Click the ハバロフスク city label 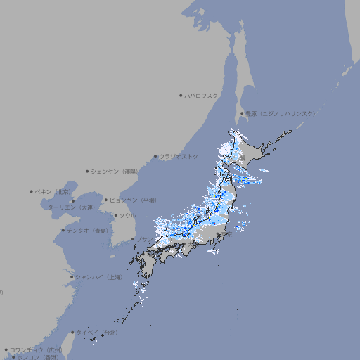click(x=202, y=95)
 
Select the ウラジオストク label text click(x=179, y=156)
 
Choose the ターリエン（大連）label click(x=70, y=207)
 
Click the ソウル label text click(x=127, y=215)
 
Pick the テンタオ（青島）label click(x=86, y=230)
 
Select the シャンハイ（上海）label click(x=98, y=277)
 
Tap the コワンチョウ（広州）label click(x=36, y=349)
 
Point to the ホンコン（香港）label click(x=38, y=357)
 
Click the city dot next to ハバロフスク click(x=181, y=95)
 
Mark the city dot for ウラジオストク click(x=155, y=156)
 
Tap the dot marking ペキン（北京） click(x=32, y=191)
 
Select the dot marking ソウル click(x=115, y=215)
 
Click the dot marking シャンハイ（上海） click(x=72, y=277)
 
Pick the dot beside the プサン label click(x=132, y=239)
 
